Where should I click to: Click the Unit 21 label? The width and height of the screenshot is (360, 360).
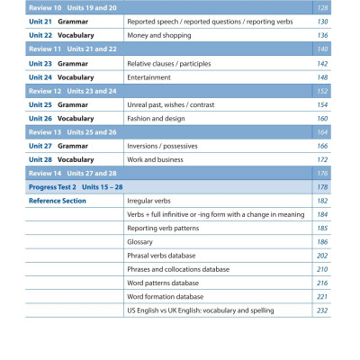pos(41,20)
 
